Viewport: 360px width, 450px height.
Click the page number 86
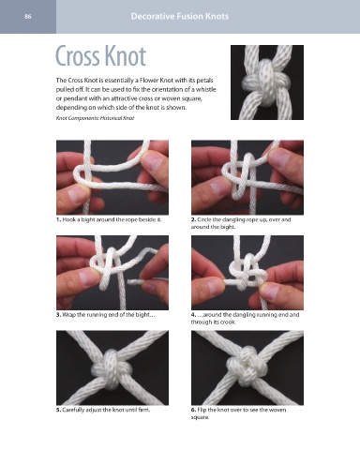coord(28,17)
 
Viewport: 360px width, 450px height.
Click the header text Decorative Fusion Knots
coord(180,16)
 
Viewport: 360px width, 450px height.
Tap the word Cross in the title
coord(79,56)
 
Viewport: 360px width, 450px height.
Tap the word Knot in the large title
coord(126,56)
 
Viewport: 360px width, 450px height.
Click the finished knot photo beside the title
coord(267,82)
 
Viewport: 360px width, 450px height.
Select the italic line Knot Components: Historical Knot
coord(95,118)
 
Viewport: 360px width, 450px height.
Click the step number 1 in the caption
coord(58,219)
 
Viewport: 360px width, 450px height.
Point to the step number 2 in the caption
coord(193,219)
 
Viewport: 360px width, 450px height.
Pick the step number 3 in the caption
coord(58,315)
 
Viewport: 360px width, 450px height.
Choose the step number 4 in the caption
coord(193,315)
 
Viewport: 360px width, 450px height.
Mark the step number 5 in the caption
coord(58,410)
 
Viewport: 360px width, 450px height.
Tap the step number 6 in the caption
coord(193,410)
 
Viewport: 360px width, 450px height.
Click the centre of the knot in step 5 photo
coord(111,368)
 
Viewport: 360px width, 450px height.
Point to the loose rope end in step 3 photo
coord(135,282)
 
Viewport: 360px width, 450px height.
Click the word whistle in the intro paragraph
coord(204,89)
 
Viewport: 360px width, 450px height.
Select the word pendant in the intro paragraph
coord(74,98)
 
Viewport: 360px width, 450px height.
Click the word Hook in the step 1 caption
coord(68,219)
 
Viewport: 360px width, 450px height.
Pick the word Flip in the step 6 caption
coord(202,410)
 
